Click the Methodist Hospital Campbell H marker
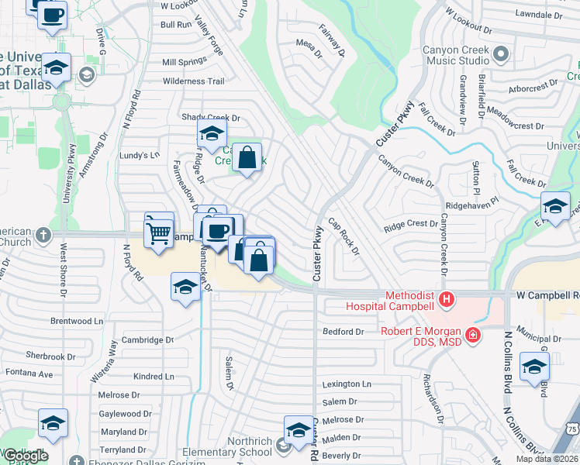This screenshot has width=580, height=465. pos(446,298)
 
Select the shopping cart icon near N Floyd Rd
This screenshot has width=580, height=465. pos(159,232)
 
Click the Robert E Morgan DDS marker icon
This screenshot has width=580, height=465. pos(472,336)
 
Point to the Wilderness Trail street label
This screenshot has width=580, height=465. pos(193,81)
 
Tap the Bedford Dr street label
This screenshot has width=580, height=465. pos(343,332)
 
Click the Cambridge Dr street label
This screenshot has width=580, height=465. pos(147,340)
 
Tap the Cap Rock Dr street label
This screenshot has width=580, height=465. pos(343,236)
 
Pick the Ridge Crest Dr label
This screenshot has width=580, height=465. pos(411,224)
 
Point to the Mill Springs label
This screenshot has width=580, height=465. pos(185,62)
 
